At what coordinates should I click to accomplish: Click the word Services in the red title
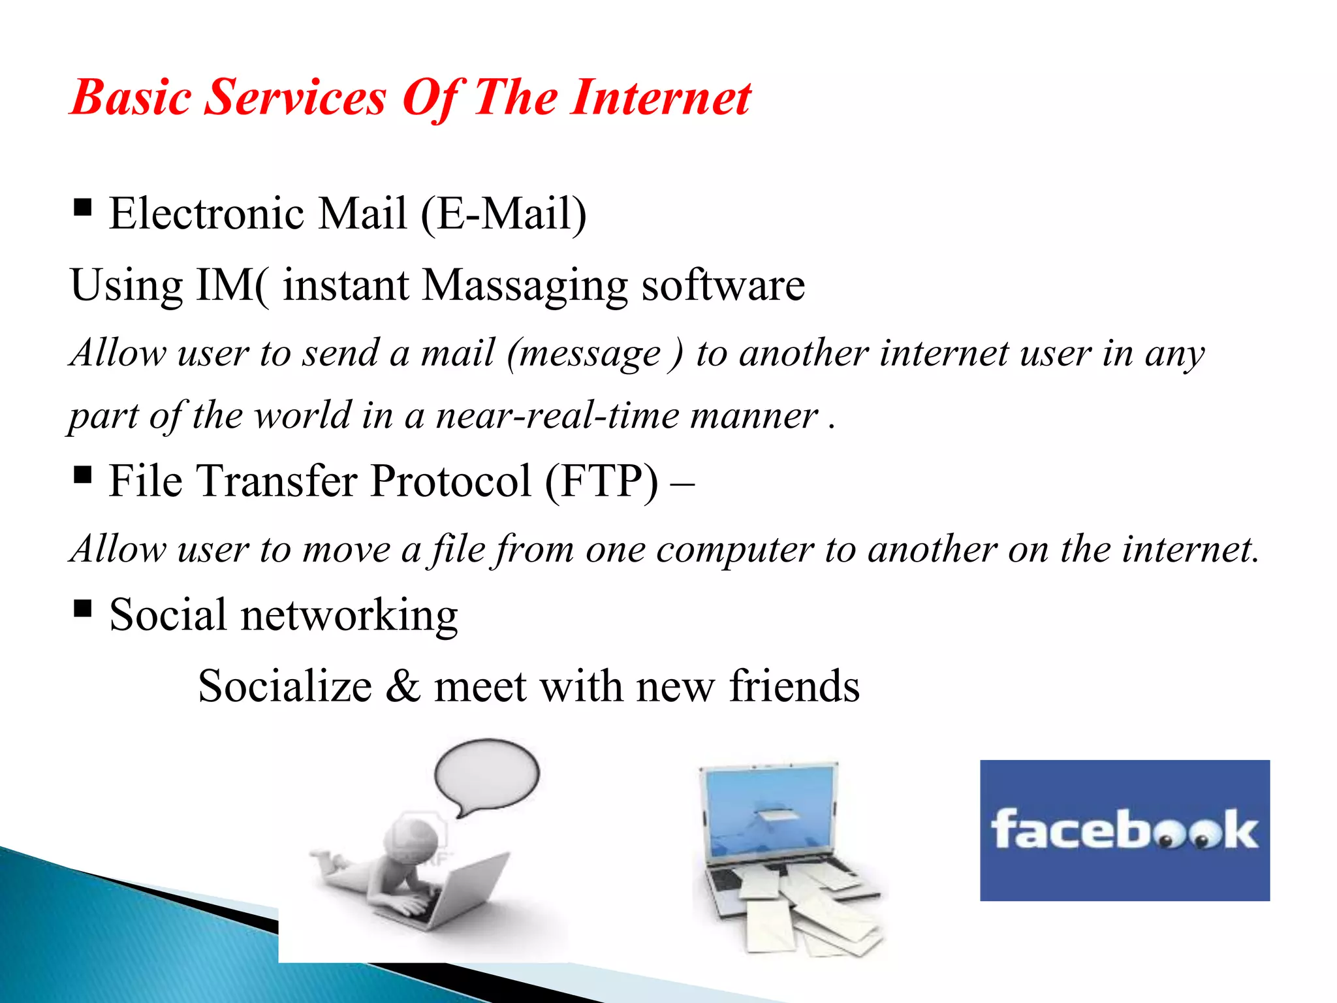(296, 98)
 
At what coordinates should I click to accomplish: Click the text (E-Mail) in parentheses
(503, 214)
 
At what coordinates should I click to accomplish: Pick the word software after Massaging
(723, 286)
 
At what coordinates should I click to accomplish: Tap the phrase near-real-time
(558, 416)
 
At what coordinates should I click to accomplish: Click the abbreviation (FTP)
(601, 482)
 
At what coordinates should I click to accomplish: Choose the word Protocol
(451, 482)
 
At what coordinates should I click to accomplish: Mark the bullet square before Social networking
(83, 609)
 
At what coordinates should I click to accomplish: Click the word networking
(349, 616)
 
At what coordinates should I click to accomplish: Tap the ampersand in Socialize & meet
(403, 687)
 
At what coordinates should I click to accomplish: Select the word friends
(794, 687)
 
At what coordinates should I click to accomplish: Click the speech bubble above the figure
(486, 774)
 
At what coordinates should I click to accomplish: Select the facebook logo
(1124, 831)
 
